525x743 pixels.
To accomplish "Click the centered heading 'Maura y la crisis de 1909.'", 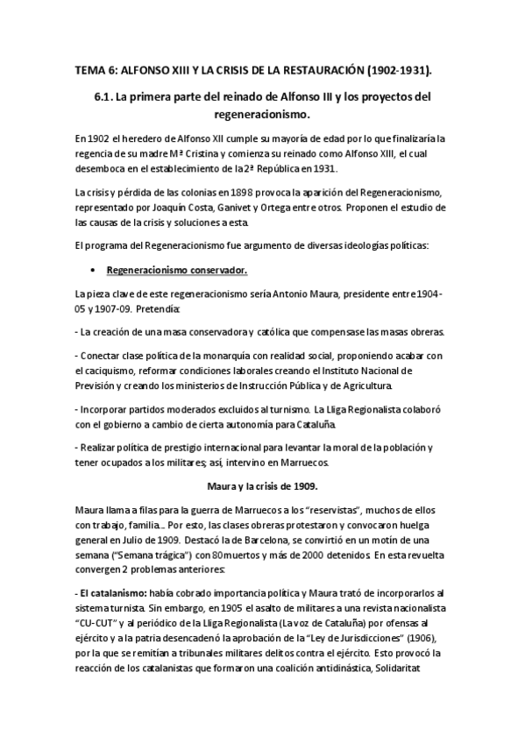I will click(x=262, y=485).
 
